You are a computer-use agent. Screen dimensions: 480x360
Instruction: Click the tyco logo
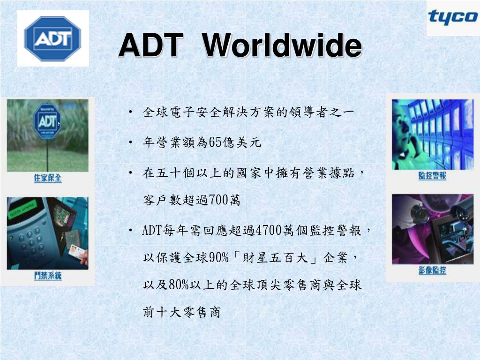coord(452,17)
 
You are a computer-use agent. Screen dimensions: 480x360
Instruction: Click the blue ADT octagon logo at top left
coord(52,38)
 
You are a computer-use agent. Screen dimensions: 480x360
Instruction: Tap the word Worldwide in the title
coord(282,45)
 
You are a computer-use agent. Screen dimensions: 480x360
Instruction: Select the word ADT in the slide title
coord(150,45)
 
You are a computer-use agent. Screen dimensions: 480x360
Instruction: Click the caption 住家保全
coord(47,178)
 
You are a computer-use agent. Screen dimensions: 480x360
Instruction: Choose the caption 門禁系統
coord(47,276)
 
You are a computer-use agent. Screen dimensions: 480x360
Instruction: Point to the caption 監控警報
coord(432,176)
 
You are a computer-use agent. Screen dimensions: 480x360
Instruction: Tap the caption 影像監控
coord(432,270)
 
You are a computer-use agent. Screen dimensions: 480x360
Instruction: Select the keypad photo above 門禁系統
coord(47,233)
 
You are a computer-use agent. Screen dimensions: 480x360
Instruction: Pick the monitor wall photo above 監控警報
coord(433,135)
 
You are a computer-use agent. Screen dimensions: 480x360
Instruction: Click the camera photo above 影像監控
coord(433,229)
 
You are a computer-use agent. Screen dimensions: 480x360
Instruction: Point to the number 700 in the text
coord(218,200)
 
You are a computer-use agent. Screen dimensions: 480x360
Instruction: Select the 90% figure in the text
coord(218,257)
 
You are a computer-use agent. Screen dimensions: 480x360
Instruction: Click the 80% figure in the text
coord(179,285)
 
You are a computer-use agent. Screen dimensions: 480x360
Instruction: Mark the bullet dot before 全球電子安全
coord(131,112)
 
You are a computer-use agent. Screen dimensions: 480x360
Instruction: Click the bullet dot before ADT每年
coord(131,230)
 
